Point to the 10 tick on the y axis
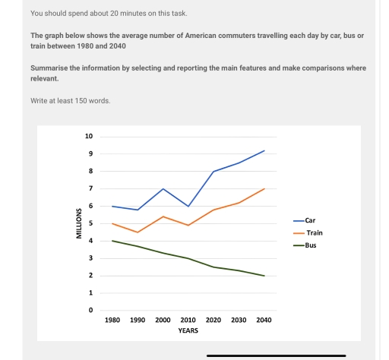[x=89, y=137]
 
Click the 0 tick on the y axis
[x=90, y=310]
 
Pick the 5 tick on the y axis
[x=90, y=223]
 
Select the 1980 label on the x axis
[x=112, y=321]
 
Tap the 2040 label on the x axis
[x=264, y=321]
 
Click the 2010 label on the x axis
[x=188, y=321]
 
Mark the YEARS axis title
[x=188, y=331]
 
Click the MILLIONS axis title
[x=77, y=223]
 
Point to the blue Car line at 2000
[x=163, y=188]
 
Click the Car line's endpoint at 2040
[x=264, y=150]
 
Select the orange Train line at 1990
[x=138, y=232]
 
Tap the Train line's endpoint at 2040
[x=264, y=188]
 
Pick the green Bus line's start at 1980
[x=112, y=241]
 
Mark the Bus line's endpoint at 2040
[x=264, y=276]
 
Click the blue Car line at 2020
[x=213, y=172]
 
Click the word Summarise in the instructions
[x=47, y=68]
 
